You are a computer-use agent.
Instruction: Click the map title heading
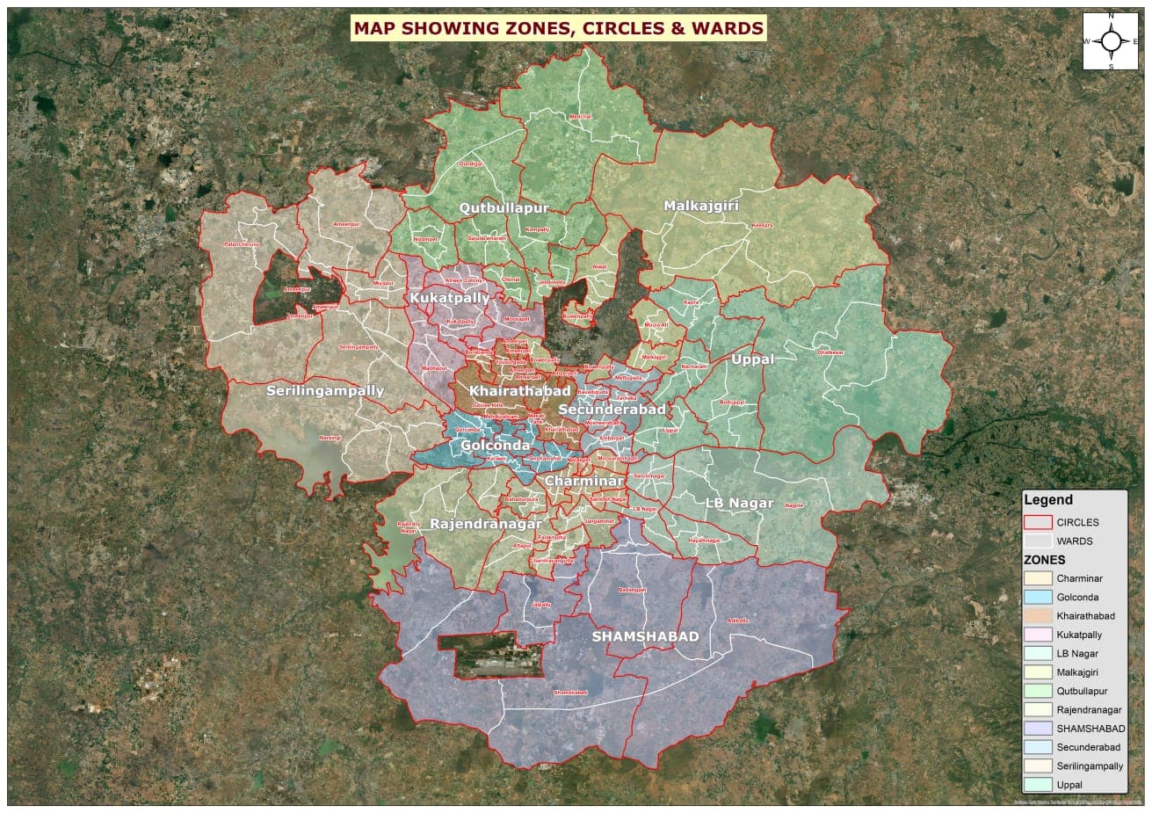pyautogui.click(x=558, y=28)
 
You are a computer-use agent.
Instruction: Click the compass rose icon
pyautogui.click(x=1111, y=41)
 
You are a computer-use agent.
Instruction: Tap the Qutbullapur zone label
pyautogui.click(x=504, y=208)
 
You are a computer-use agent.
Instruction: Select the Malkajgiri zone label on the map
pyautogui.click(x=701, y=206)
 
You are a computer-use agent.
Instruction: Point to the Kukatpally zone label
pyautogui.click(x=449, y=299)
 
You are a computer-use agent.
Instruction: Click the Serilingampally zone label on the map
pyautogui.click(x=325, y=391)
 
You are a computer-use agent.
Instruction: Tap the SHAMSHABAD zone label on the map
pyautogui.click(x=645, y=636)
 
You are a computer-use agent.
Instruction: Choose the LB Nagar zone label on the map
pyautogui.click(x=739, y=504)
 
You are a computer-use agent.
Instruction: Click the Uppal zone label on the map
pyautogui.click(x=752, y=359)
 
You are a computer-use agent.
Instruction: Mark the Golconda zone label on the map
pyautogui.click(x=495, y=446)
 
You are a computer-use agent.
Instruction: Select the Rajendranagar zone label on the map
pyautogui.click(x=485, y=524)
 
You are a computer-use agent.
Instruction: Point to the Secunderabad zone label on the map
pyautogui.click(x=612, y=410)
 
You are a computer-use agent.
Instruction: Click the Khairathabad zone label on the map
pyautogui.click(x=519, y=391)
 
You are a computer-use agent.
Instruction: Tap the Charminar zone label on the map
pyautogui.click(x=583, y=482)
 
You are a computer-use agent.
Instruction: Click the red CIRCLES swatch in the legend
pyautogui.click(x=1038, y=522)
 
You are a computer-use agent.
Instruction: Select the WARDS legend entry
pyautogui.click(x=1074, y=541)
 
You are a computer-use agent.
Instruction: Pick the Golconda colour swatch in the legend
pyautogui.click(x=1038, y=598)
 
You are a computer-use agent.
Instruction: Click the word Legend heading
pyautogui.click(x=1048, y=500)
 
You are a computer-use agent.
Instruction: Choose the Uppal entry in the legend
pyautogui.click(x=1069, y=785)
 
